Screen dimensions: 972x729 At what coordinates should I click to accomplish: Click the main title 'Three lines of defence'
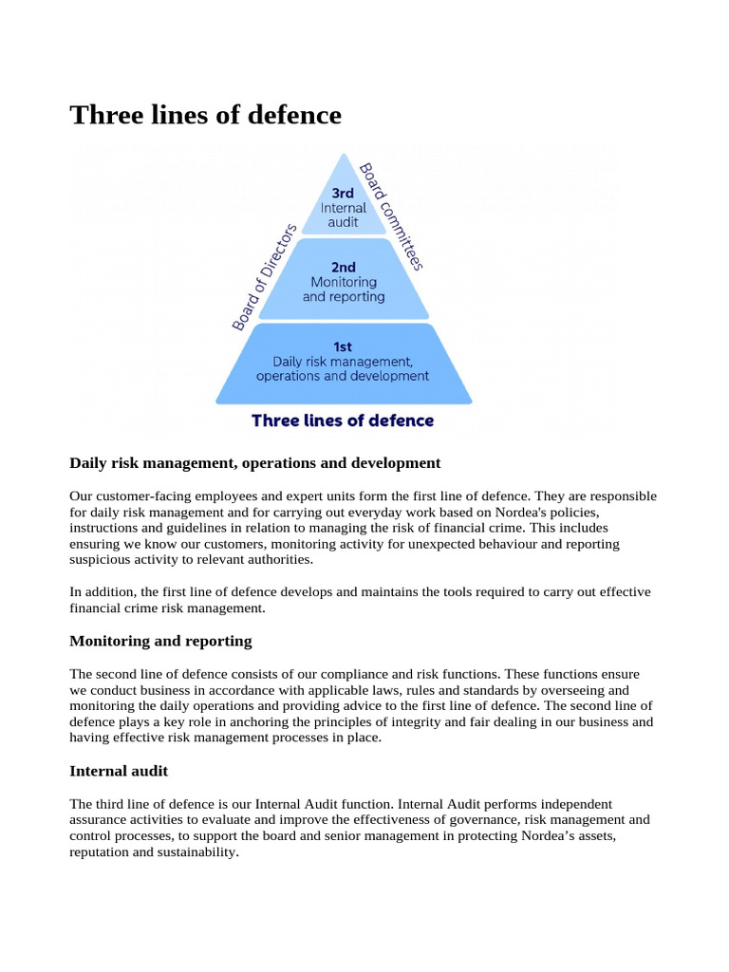[205, 115]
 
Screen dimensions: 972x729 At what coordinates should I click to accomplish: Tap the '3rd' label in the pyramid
[343, 192]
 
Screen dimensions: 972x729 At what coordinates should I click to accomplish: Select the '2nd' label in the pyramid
[344, 267]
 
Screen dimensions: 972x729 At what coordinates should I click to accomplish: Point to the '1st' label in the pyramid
[343, 346]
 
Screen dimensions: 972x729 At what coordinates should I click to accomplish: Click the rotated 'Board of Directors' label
[265, 277]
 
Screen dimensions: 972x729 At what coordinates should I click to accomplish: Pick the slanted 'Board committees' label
[390, 216]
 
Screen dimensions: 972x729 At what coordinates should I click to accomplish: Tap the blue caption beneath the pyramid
[343, 420]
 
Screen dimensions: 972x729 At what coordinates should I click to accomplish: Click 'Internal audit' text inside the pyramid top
[343, 215]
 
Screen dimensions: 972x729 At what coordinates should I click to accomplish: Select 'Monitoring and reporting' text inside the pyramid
[344, 290]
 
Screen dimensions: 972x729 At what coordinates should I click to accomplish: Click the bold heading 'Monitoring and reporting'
[160, 641]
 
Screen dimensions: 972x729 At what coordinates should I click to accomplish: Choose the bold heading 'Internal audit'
[119, 771]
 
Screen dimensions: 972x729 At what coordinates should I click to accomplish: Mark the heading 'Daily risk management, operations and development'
[254, 463]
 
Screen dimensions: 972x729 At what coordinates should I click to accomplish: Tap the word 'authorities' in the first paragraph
[277, 560]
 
